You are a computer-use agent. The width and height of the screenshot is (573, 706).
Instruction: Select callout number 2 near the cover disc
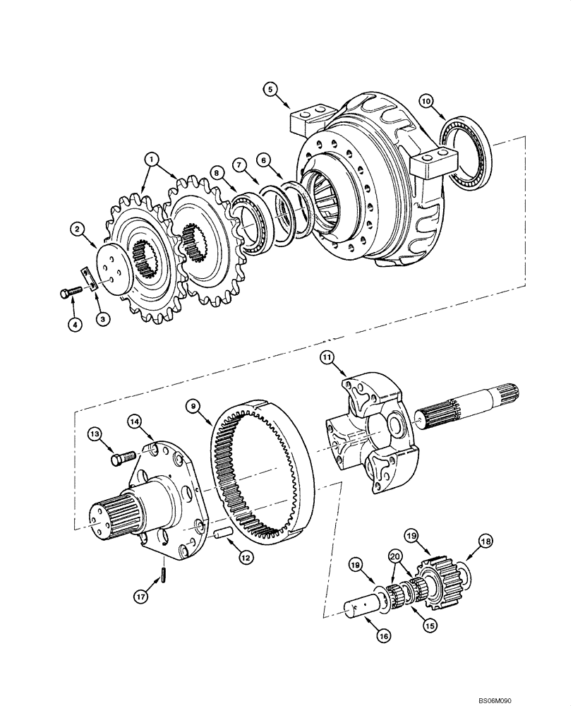tap(78, 228)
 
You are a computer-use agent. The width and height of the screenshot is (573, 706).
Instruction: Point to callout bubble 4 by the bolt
tap(74, 324)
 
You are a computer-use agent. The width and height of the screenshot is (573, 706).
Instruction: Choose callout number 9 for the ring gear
tap(191, 405)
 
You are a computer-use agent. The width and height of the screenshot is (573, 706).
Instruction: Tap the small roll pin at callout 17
tap(164, 575)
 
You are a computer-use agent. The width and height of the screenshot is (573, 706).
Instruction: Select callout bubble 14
tap(136, 421)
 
